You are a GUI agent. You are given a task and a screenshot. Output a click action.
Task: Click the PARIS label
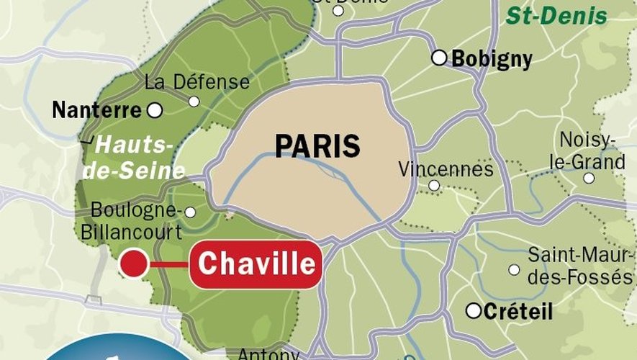coord(317,146)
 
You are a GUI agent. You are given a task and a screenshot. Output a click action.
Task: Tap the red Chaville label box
coord(256,264)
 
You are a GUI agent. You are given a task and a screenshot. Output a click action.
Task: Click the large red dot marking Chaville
coord(134,264)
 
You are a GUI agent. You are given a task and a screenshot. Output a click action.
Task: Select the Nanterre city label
coord(96,111)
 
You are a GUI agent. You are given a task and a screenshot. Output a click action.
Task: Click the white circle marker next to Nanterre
coord(154,110)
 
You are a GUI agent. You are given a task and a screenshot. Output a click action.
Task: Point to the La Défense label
coord(196,82)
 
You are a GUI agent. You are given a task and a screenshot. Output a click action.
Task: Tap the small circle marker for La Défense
coord(194,102)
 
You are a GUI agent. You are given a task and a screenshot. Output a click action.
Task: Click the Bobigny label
coord(492,59)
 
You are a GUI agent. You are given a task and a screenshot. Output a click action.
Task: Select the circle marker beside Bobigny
coord(439,58)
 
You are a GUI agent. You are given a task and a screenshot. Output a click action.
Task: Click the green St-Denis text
coord(556,16)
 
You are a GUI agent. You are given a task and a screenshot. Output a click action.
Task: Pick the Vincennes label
coord(446,169)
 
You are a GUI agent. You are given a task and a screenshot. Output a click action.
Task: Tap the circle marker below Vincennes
coord(434,186)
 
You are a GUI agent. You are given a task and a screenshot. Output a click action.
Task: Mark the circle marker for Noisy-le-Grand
coord(589,178)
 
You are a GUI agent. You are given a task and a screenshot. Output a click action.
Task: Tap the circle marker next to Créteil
coord(473,311)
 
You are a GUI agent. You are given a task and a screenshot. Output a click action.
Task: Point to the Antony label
coord(268,354)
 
